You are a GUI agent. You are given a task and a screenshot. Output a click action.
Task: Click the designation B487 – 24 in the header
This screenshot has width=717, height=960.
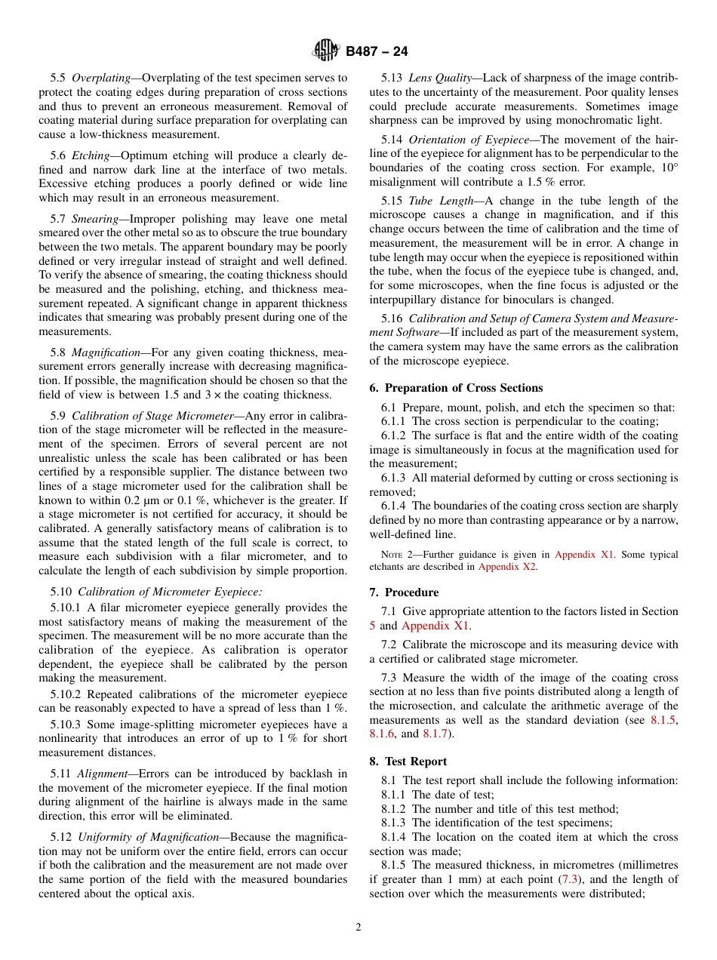377,52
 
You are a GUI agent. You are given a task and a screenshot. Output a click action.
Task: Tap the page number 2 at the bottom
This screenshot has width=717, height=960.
358,928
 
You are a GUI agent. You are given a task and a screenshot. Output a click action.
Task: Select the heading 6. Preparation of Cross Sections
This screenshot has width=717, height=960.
456,388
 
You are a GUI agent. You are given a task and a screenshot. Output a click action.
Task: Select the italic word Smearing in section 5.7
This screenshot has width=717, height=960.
96,219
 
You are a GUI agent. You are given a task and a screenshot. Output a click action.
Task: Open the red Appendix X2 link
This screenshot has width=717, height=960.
506,567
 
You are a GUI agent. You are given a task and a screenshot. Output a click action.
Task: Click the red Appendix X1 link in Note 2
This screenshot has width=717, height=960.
584,555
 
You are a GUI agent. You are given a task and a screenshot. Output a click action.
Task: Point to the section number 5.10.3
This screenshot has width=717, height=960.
66,725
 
